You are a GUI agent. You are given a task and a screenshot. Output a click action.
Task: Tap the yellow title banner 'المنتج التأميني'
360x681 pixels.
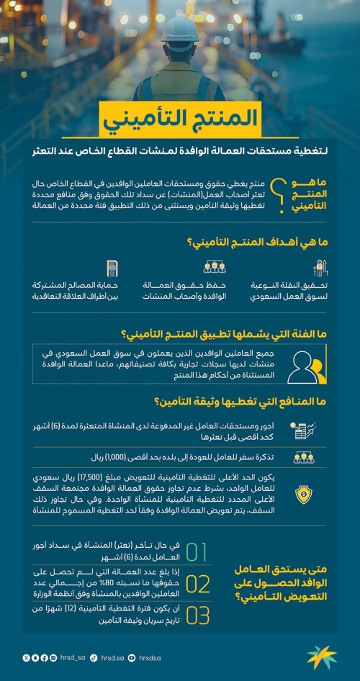(x=180, y=121)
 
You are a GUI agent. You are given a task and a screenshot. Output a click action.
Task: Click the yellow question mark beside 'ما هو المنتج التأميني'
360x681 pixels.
(x=286, y=194)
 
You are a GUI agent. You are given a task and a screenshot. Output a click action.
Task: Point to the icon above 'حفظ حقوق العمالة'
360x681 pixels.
(x=215, y=268)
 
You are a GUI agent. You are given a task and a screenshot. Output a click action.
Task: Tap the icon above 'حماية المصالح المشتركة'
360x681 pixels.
(x=112, y=268)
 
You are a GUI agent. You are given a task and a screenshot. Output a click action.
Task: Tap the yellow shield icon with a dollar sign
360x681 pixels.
(x=302, y=495)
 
